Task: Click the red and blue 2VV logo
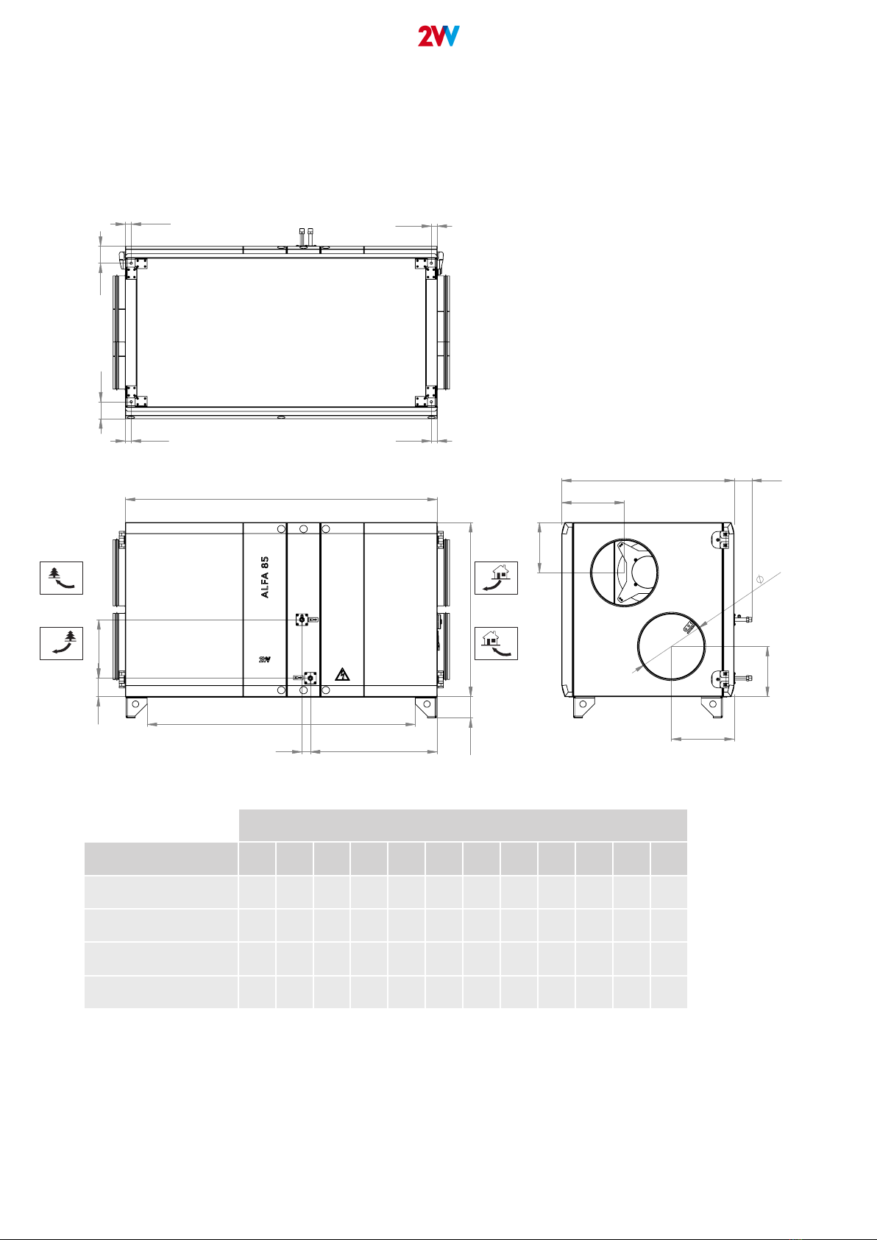pos(438,36)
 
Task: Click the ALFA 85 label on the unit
pos(264,577)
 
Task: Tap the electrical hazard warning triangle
pos(343,674)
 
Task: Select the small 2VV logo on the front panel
pos(264,659)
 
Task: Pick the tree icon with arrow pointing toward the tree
pos(61,643)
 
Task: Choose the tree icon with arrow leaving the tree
pos(61,578)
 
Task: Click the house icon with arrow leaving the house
pos(497,578)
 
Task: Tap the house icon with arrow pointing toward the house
pos(497,643)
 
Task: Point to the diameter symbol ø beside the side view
pos(760,580)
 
